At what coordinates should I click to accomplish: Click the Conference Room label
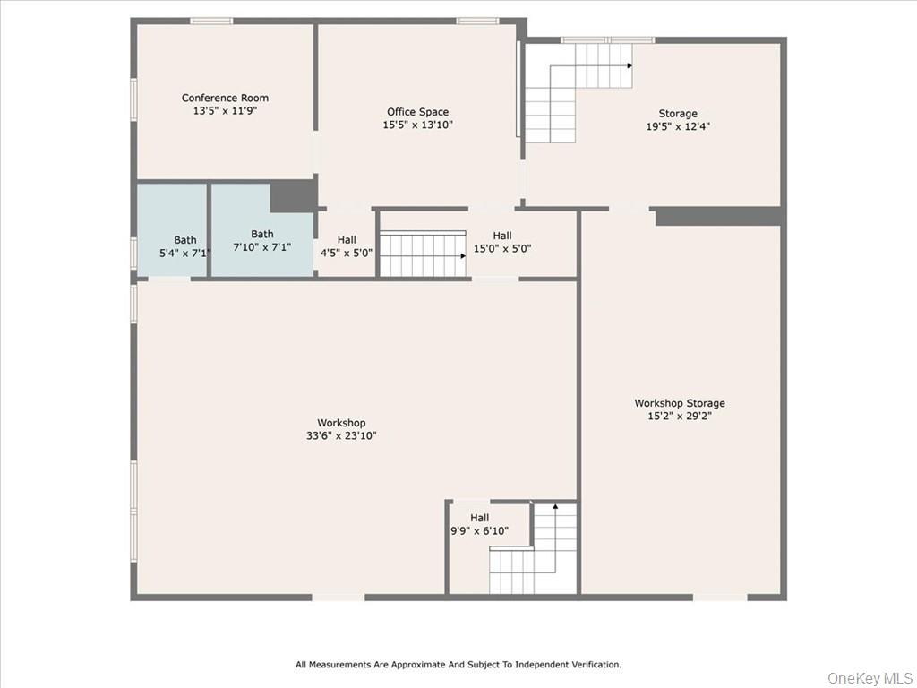(x=225, y=99)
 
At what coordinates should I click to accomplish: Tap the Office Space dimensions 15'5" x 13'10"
(x=417, y=125)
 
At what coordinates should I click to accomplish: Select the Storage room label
(x=678, y=114)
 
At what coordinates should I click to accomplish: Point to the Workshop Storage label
(x=680, y=403)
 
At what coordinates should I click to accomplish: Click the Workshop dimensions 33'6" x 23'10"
(x=341, y=436)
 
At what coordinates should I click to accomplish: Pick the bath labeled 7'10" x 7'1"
(x=262, y=240)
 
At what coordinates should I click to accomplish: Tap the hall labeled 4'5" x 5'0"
(x=347, y=246)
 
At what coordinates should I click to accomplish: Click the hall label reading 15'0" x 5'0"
(x=502, y=243)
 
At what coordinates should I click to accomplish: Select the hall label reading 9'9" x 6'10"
(x=480, y=524)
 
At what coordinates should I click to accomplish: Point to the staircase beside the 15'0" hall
(x=421, y=254)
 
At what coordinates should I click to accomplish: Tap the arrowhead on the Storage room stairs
(x=630, y=65)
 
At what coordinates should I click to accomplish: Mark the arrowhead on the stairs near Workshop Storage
(x=555, y=507)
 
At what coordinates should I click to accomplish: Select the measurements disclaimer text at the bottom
(x=458, y=665)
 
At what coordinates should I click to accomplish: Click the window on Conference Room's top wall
(x=211, y=21)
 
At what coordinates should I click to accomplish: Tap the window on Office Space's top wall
(x=477, y=21)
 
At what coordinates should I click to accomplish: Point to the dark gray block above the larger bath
(x=292, y=195)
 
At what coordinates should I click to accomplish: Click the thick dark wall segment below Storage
(x=718, y=216)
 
